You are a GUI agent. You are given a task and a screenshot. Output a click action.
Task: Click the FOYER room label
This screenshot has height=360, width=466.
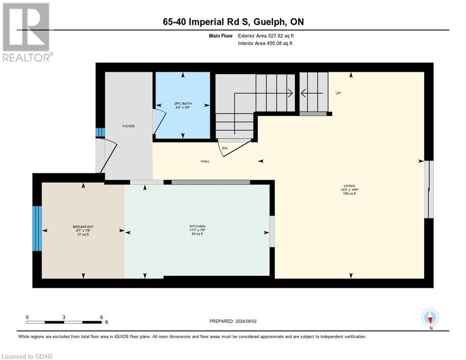(128, 126)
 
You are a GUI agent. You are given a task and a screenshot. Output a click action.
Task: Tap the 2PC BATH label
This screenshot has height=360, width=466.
(183, 104)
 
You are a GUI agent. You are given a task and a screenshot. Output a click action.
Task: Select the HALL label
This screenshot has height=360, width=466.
(205, 161)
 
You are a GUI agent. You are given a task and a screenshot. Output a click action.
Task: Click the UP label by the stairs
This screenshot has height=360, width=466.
(338, 93)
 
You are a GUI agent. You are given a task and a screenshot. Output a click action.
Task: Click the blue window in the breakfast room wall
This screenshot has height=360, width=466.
(37, 228)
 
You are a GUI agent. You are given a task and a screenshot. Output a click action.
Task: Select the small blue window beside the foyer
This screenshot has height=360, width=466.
(98, 132)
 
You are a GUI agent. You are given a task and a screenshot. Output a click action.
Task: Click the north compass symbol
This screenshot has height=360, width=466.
(429, 318)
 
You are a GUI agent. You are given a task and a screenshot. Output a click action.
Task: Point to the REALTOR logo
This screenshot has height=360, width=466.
(26, 32)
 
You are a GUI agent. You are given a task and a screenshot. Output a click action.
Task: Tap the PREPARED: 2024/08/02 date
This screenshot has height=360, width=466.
(233, 321)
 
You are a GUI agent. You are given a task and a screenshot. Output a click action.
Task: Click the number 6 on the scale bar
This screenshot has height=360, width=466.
(101, 317)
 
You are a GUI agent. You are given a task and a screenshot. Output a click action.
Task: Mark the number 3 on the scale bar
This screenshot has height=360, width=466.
(64, 317)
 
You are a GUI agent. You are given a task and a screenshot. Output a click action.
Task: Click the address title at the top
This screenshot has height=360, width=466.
(233, 22)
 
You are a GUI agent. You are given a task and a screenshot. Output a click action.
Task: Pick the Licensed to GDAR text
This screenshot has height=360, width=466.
(27, 356)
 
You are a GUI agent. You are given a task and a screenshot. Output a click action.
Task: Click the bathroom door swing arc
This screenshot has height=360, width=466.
(160, 123)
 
